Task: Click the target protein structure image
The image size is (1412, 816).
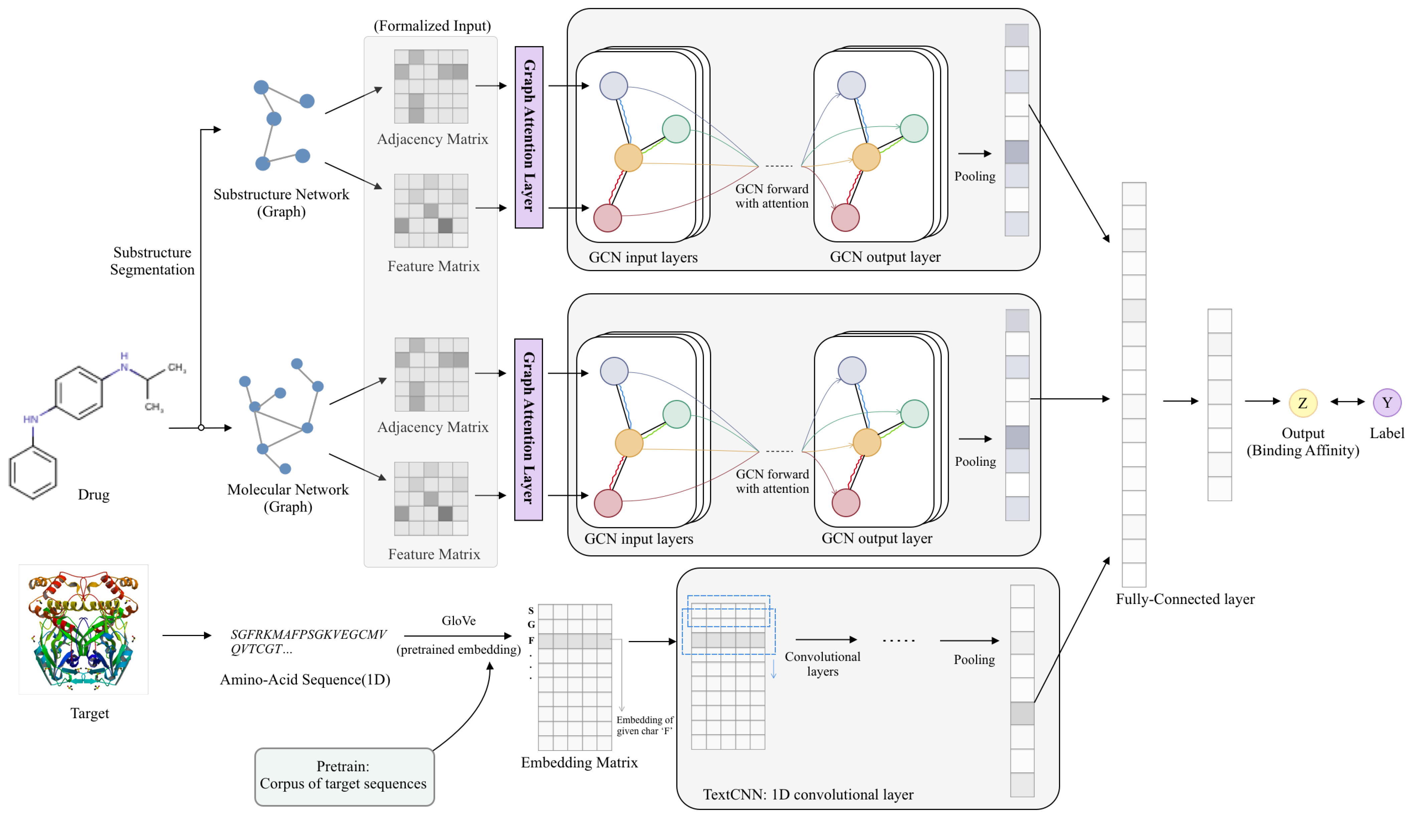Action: coord(83,629)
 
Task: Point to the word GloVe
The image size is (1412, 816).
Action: coord(458,621)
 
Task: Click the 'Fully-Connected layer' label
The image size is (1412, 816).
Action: coord(1185,599)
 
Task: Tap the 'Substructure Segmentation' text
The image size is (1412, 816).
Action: coord(152,261)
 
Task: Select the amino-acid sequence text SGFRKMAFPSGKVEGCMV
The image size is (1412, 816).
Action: coord(309,635)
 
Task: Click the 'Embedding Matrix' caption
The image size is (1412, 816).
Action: coord(579,762)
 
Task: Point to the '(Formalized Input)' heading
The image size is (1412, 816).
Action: coord(432,26)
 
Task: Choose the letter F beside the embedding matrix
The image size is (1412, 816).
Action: coord(531,640)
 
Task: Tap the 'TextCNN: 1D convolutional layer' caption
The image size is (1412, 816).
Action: coord(808,794)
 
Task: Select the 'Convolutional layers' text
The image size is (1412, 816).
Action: coord(822,664)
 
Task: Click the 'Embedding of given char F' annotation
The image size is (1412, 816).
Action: coord(644,725)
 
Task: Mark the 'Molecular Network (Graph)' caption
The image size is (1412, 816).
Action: coord(288,498)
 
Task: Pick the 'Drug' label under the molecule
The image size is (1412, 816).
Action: coord(94,494)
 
